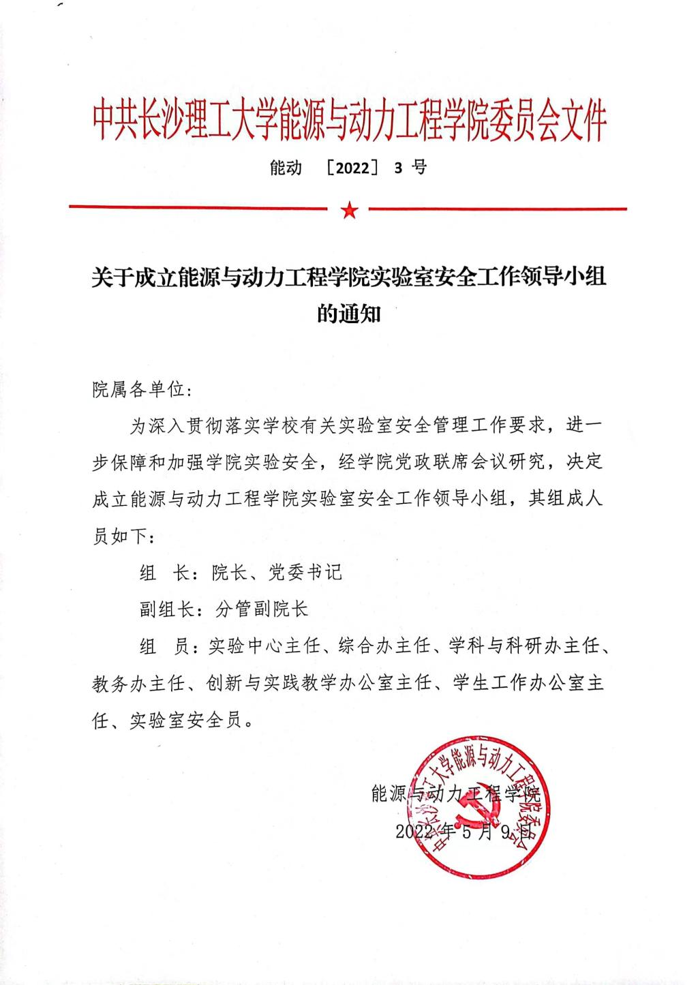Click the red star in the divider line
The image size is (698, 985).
click(349, 210)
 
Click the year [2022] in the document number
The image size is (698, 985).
click(352, 168)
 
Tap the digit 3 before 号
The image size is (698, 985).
click(398, 168)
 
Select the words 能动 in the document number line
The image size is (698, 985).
click(286, 168)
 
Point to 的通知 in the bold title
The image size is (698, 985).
click(349, 314)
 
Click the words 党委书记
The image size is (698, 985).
click(305, 572)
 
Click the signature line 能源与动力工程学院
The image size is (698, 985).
click(455, 793)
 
